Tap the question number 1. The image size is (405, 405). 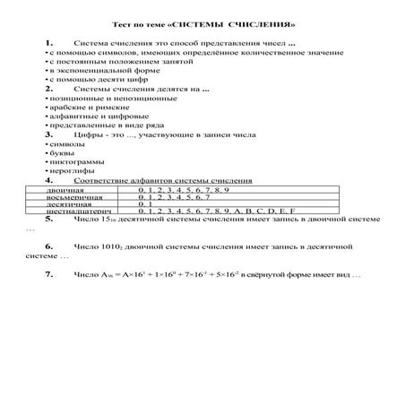point(47,43)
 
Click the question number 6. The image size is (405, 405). point(47,245)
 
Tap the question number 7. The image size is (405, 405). point(47,272)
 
